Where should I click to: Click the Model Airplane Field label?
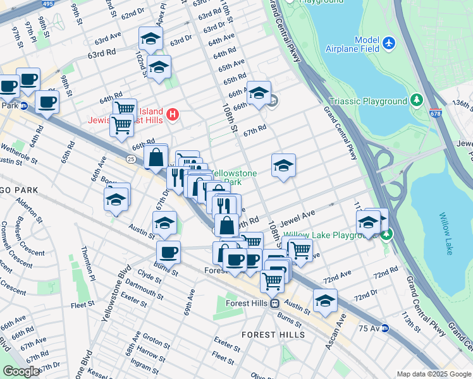[352, 44]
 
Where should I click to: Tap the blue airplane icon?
[388, 44]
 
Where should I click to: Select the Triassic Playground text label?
[367, 101]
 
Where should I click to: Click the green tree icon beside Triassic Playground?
[416, 100]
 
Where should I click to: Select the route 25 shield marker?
[130, 158]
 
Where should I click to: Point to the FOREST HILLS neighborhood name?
[274, 334]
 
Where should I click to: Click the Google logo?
[21, 371]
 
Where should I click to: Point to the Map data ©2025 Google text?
[433, 374]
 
